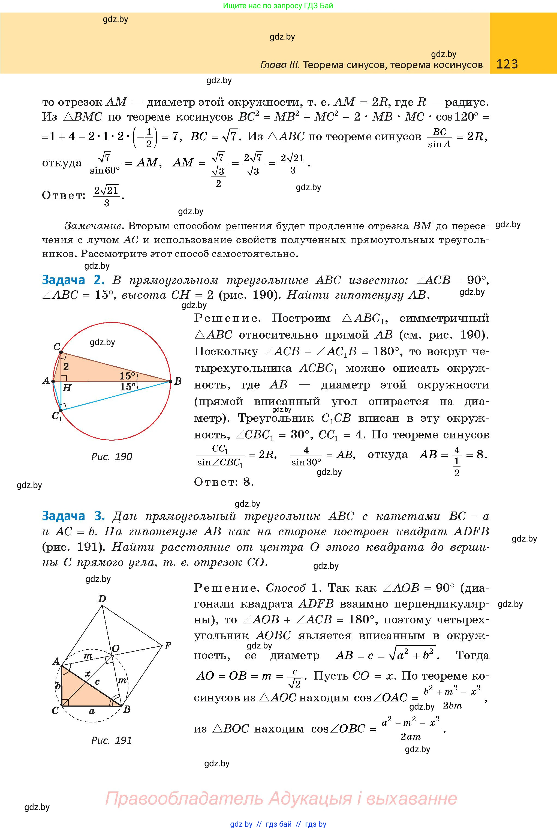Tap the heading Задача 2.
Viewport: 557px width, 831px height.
point(73,280)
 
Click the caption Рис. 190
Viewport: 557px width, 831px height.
point(112,457)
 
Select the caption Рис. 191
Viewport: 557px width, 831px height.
point(112,740)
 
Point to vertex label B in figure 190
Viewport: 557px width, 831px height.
point(178,381)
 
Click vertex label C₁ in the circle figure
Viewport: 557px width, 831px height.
point(57,415)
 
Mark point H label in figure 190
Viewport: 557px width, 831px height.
point(67,388)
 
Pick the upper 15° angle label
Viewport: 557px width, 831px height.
point(127,376)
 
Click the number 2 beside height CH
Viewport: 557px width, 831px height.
point(66,366)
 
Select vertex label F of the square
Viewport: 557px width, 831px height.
point(168,646)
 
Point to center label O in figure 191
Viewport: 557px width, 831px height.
point(115,649)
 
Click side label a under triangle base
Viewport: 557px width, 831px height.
point(92,711)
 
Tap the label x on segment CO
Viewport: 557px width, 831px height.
point(88,673)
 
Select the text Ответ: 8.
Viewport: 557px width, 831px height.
point(224,482)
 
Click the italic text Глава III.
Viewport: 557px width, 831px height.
point(280,65)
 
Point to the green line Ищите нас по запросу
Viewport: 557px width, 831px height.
point(278,6)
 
